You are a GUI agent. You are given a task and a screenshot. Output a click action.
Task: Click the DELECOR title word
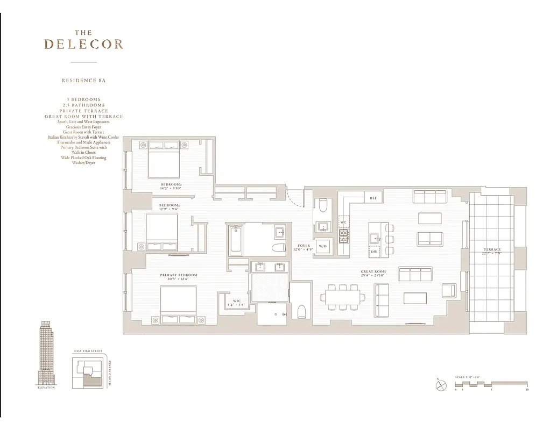point(83,44)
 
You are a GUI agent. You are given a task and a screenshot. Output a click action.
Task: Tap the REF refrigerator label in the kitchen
point(373,198)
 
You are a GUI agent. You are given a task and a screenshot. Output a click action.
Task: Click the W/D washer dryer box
point(323,247)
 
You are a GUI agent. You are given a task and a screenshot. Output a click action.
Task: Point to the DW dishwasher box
point(374,251)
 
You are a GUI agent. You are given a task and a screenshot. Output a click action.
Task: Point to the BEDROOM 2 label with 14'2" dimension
point(171,186)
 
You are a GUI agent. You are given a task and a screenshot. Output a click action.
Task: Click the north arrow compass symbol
point(439,385)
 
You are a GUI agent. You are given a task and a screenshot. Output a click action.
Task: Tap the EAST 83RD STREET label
point(88,350)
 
